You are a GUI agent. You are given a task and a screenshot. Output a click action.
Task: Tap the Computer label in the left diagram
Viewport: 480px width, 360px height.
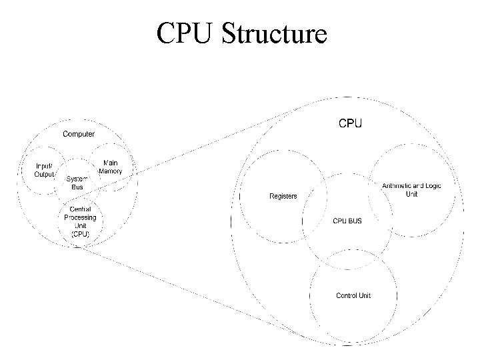[79, 134]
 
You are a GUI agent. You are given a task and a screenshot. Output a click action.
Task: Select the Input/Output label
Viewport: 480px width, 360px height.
[47, 170]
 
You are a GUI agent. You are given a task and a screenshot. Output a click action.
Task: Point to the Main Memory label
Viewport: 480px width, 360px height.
[110, 167]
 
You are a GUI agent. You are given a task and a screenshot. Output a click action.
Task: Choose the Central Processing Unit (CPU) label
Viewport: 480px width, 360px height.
[80, 221]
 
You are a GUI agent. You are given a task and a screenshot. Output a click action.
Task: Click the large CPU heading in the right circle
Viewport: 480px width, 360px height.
[351, 123]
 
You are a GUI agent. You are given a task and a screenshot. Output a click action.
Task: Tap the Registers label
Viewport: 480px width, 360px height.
[283, 196]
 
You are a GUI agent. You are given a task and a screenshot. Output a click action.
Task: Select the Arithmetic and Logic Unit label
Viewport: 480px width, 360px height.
[411, 189]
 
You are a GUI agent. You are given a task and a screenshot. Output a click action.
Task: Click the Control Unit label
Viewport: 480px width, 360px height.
[353, 295]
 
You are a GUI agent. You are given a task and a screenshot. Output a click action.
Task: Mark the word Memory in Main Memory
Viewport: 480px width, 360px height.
[110, 171]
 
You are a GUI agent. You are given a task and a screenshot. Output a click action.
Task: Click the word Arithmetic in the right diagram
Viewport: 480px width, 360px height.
[397, 185]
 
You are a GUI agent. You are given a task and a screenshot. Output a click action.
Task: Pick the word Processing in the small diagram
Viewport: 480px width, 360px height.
[80, 217]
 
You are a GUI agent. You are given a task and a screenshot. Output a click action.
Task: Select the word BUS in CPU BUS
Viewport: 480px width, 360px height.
[355, 221]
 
